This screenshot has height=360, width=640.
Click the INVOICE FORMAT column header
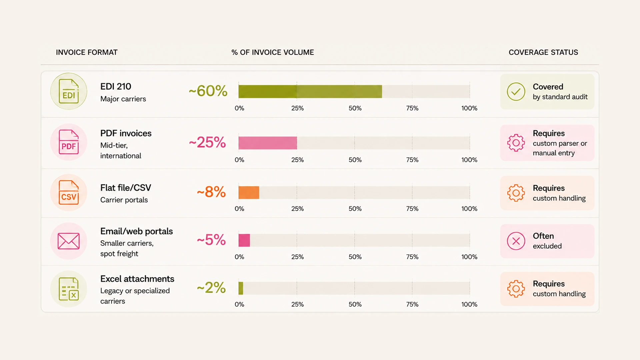pyautogui.click(x=87, y=52)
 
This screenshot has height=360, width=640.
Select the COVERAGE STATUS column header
pyautogui.click(x=543, y=52)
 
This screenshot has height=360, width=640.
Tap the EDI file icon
pyautogui.click(x=69, y=91)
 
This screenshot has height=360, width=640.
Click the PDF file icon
pyautogui.click(x=69, y=142)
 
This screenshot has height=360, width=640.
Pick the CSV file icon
pyautogui.click(x=69, y=192)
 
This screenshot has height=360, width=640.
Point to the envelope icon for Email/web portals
pyautogui.click(x=69, y=241)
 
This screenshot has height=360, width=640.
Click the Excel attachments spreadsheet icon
pyautogui.click(x=69, y=289)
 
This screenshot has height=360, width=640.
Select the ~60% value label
pyautogui.click(x=208, y=91)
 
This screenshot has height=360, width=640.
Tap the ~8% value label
pyautogui.click(x=211, y=192)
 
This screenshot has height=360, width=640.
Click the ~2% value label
pyautogui.click(x=211, y=288)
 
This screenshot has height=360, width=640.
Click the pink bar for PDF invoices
pyautogui.click(x=268, y=143)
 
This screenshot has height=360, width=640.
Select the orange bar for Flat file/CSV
pyautogui.click(x=249, y=192)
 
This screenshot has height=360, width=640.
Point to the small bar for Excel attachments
pyautogui.click(x=241, y=288)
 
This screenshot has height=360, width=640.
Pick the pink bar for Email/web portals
pyautogui.click(x=244, y=240)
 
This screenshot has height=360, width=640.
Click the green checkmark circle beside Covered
pyautogui.click(x=516, y=92)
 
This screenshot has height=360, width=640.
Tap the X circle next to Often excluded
pyautogui.click(x=516, y=241)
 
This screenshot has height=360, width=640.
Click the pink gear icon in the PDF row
pyautogui.click(x=516, y=143)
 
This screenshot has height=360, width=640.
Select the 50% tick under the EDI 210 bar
pyautogui.click(x=355, y=108)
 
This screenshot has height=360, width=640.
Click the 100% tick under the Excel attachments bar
pyautogui.click(x=469, y=304)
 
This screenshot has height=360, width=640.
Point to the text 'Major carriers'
pyautogui.click(x=123, y=99)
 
